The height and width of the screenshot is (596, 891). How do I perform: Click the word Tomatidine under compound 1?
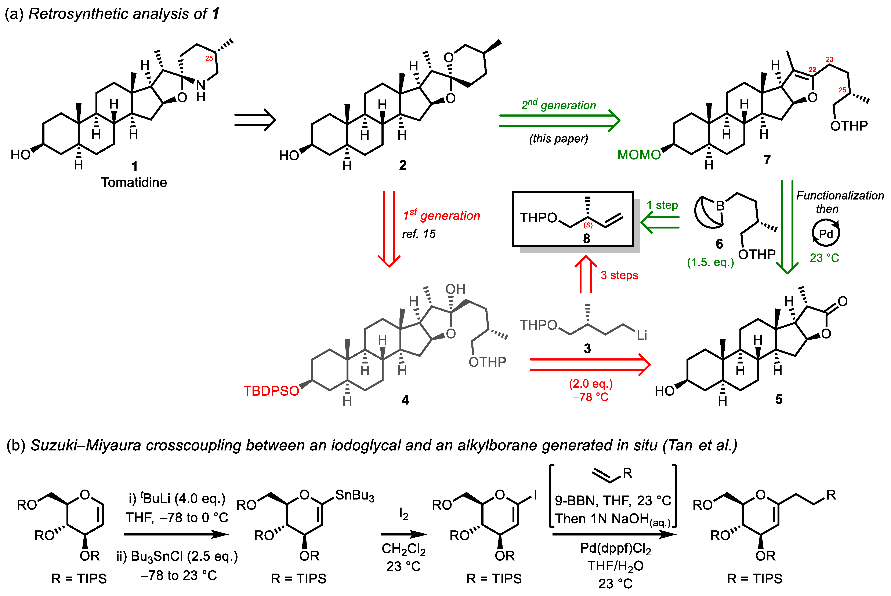[x=134, y=182]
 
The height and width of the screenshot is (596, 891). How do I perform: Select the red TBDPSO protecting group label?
[x=271, y=391]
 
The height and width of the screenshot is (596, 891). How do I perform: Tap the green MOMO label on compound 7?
[x=639, y=155]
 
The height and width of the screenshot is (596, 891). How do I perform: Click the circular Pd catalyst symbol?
[x=826, y=233]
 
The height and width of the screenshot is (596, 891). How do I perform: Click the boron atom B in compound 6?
[x=720, y=206]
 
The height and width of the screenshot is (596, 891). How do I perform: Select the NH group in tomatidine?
[x=201, y=91]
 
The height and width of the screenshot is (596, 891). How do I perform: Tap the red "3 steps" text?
[x=619, y=275]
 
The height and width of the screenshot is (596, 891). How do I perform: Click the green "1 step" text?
[x=662, y=205]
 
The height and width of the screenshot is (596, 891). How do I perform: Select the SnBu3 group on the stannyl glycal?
[x=354, y=495]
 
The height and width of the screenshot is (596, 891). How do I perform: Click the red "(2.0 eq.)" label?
[x=591, y=384]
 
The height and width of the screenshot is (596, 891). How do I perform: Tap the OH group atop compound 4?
[x=455, y=289]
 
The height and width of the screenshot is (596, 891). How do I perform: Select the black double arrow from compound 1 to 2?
[x=255, y=120]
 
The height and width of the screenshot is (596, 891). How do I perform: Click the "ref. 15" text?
[x=419, y=234]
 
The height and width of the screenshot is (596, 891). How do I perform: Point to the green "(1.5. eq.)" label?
[x=710, y=262]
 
